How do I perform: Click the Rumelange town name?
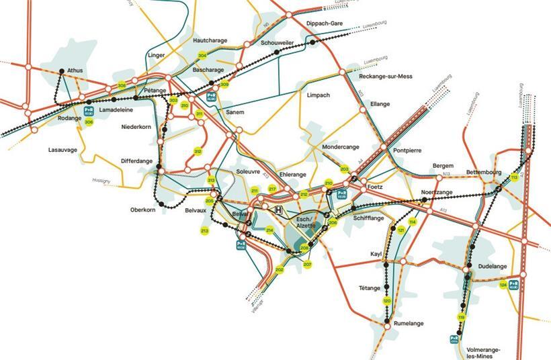[x=408, y=323]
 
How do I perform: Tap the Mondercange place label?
[x=341, y=146]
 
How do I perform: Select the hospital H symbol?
[x=278, y=210]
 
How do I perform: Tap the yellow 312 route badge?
[x=198, y=152]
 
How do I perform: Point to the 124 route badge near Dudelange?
[x=503, y=285]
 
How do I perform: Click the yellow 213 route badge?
[x=204, y=231]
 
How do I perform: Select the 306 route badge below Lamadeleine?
[x=89, y=122]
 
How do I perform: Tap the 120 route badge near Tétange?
[x=386, y=301]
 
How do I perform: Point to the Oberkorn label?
[x=144, y=210]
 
